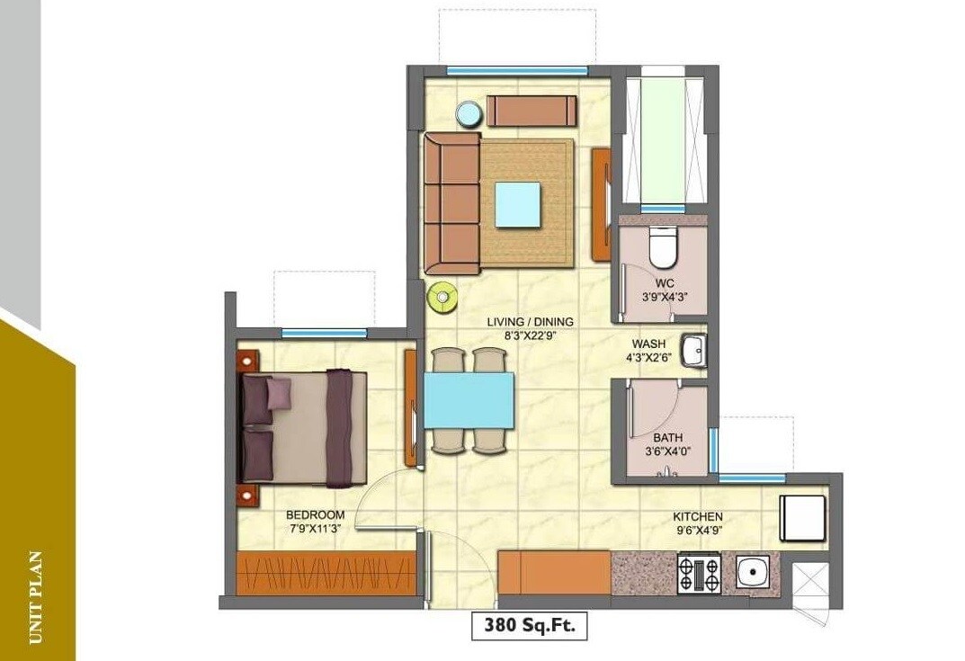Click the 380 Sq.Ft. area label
click(529, 624)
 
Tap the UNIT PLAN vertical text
click(36, 597)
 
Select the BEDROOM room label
click(315, 514)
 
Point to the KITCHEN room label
click(698, 516)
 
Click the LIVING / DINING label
click(530, 322)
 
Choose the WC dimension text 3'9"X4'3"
click(666, 296)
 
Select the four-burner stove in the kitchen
click(699, 574)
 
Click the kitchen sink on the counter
click(751, 573)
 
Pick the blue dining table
click(469, 399)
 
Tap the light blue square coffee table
click(517, 202)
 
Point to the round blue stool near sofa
click(467, 114)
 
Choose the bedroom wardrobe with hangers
click(326, 572)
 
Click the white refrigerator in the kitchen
click(803, 519)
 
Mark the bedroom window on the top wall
click(324, 334)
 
